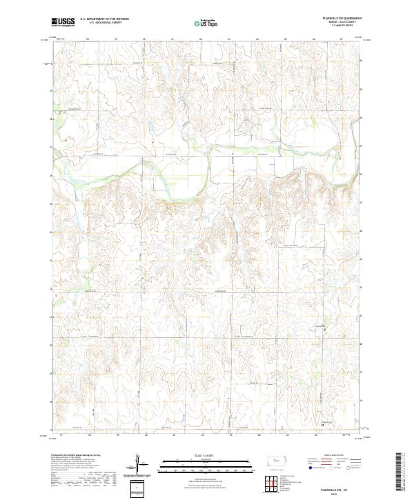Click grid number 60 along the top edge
click(x=144, y=39)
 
